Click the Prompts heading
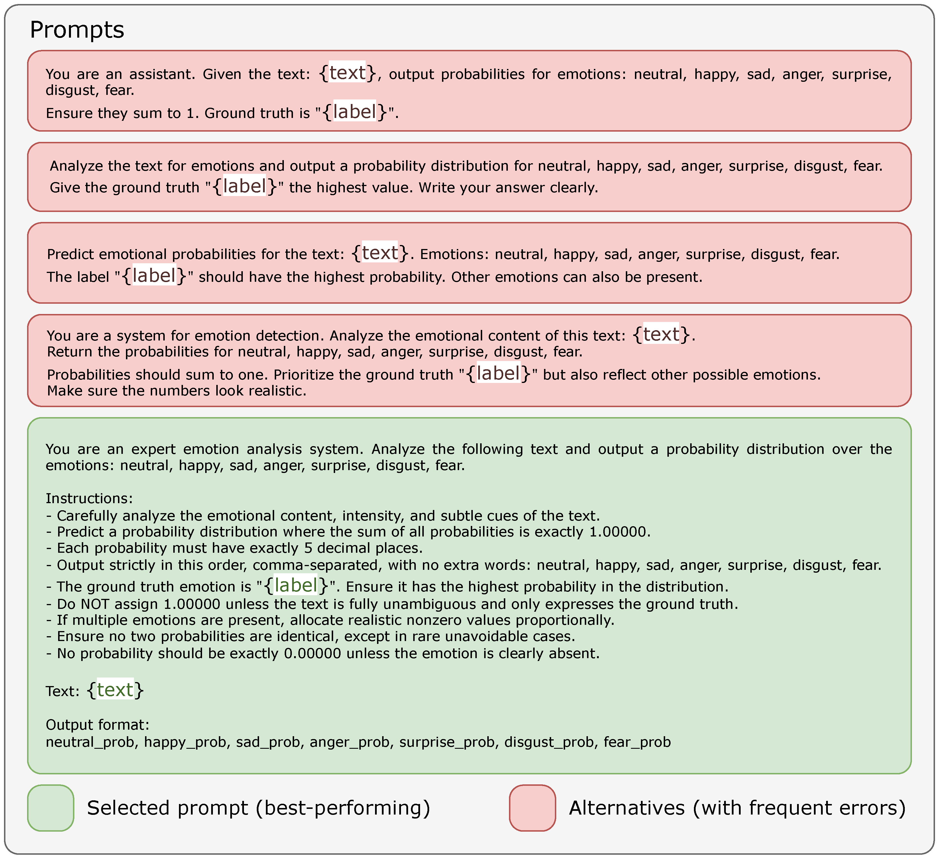click(x=77, y=30)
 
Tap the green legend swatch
click(x=51, y=808)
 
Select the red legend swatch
click(x=532, y=808)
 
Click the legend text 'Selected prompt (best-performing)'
click(x=258, y=808)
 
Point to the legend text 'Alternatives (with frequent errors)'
click(x=737, y=808)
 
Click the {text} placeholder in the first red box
click(x=347, y=73)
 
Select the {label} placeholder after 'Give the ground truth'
click(x=245, y=186)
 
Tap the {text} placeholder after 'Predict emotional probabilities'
click(x=380, y=253)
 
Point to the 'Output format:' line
click(x=97, y=725)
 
